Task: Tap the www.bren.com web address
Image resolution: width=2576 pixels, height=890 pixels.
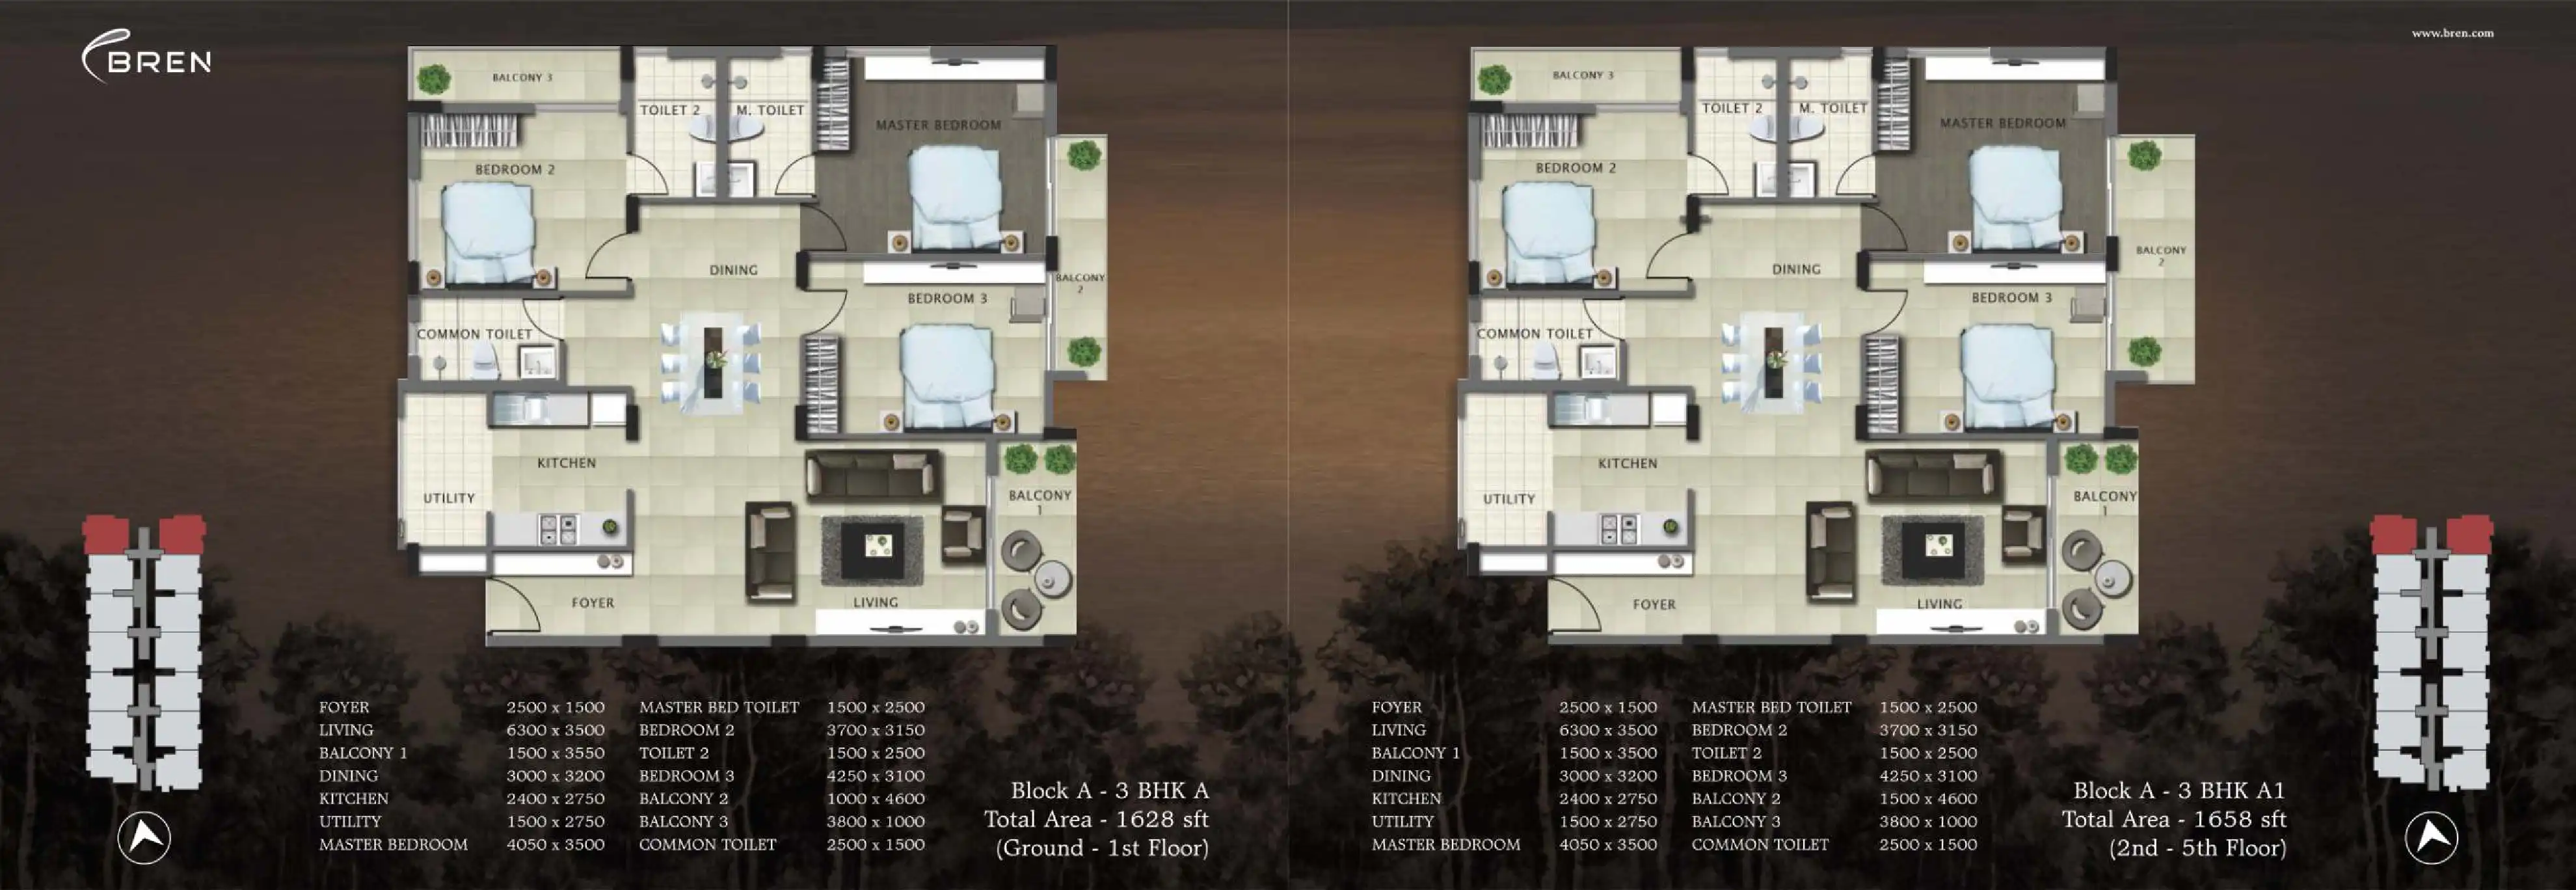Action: pos(2452,33)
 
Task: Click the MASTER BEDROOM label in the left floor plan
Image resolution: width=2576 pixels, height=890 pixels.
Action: pos(938,125)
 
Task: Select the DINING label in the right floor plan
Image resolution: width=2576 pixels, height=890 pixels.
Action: pos(1796,269)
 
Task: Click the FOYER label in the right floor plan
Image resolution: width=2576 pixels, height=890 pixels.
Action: pos(1654,604)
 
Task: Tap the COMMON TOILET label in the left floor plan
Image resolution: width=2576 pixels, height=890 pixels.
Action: pos(474,334)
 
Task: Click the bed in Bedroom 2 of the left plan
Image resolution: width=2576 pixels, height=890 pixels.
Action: pos(489,234)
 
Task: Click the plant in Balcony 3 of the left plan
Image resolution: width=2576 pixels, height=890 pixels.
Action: pos(433,79)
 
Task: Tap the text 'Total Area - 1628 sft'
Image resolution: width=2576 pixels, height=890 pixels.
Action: pos(1096,819)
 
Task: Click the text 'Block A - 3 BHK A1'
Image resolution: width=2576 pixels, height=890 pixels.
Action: pos(2179,790)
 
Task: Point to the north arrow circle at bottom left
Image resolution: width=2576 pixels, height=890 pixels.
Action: pos(144,837)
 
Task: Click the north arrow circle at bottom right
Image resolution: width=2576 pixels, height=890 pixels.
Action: pos(2431,837)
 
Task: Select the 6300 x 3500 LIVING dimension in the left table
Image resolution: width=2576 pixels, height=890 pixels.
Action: pos(555,730)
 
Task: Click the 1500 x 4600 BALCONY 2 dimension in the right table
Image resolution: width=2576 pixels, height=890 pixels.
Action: pos(1927,798)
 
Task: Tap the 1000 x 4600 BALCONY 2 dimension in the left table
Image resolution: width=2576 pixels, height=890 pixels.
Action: pos(875,798)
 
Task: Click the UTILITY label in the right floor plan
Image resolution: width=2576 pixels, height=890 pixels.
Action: pos(1509,499)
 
